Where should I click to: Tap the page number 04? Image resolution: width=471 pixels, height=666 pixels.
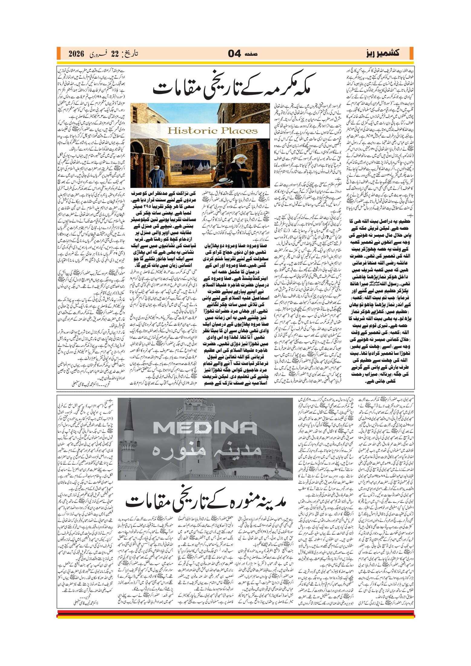pos(234,54)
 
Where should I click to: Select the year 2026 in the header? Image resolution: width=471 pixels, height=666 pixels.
pos(76,54)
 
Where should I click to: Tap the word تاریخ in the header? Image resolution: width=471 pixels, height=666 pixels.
pos(131,54)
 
